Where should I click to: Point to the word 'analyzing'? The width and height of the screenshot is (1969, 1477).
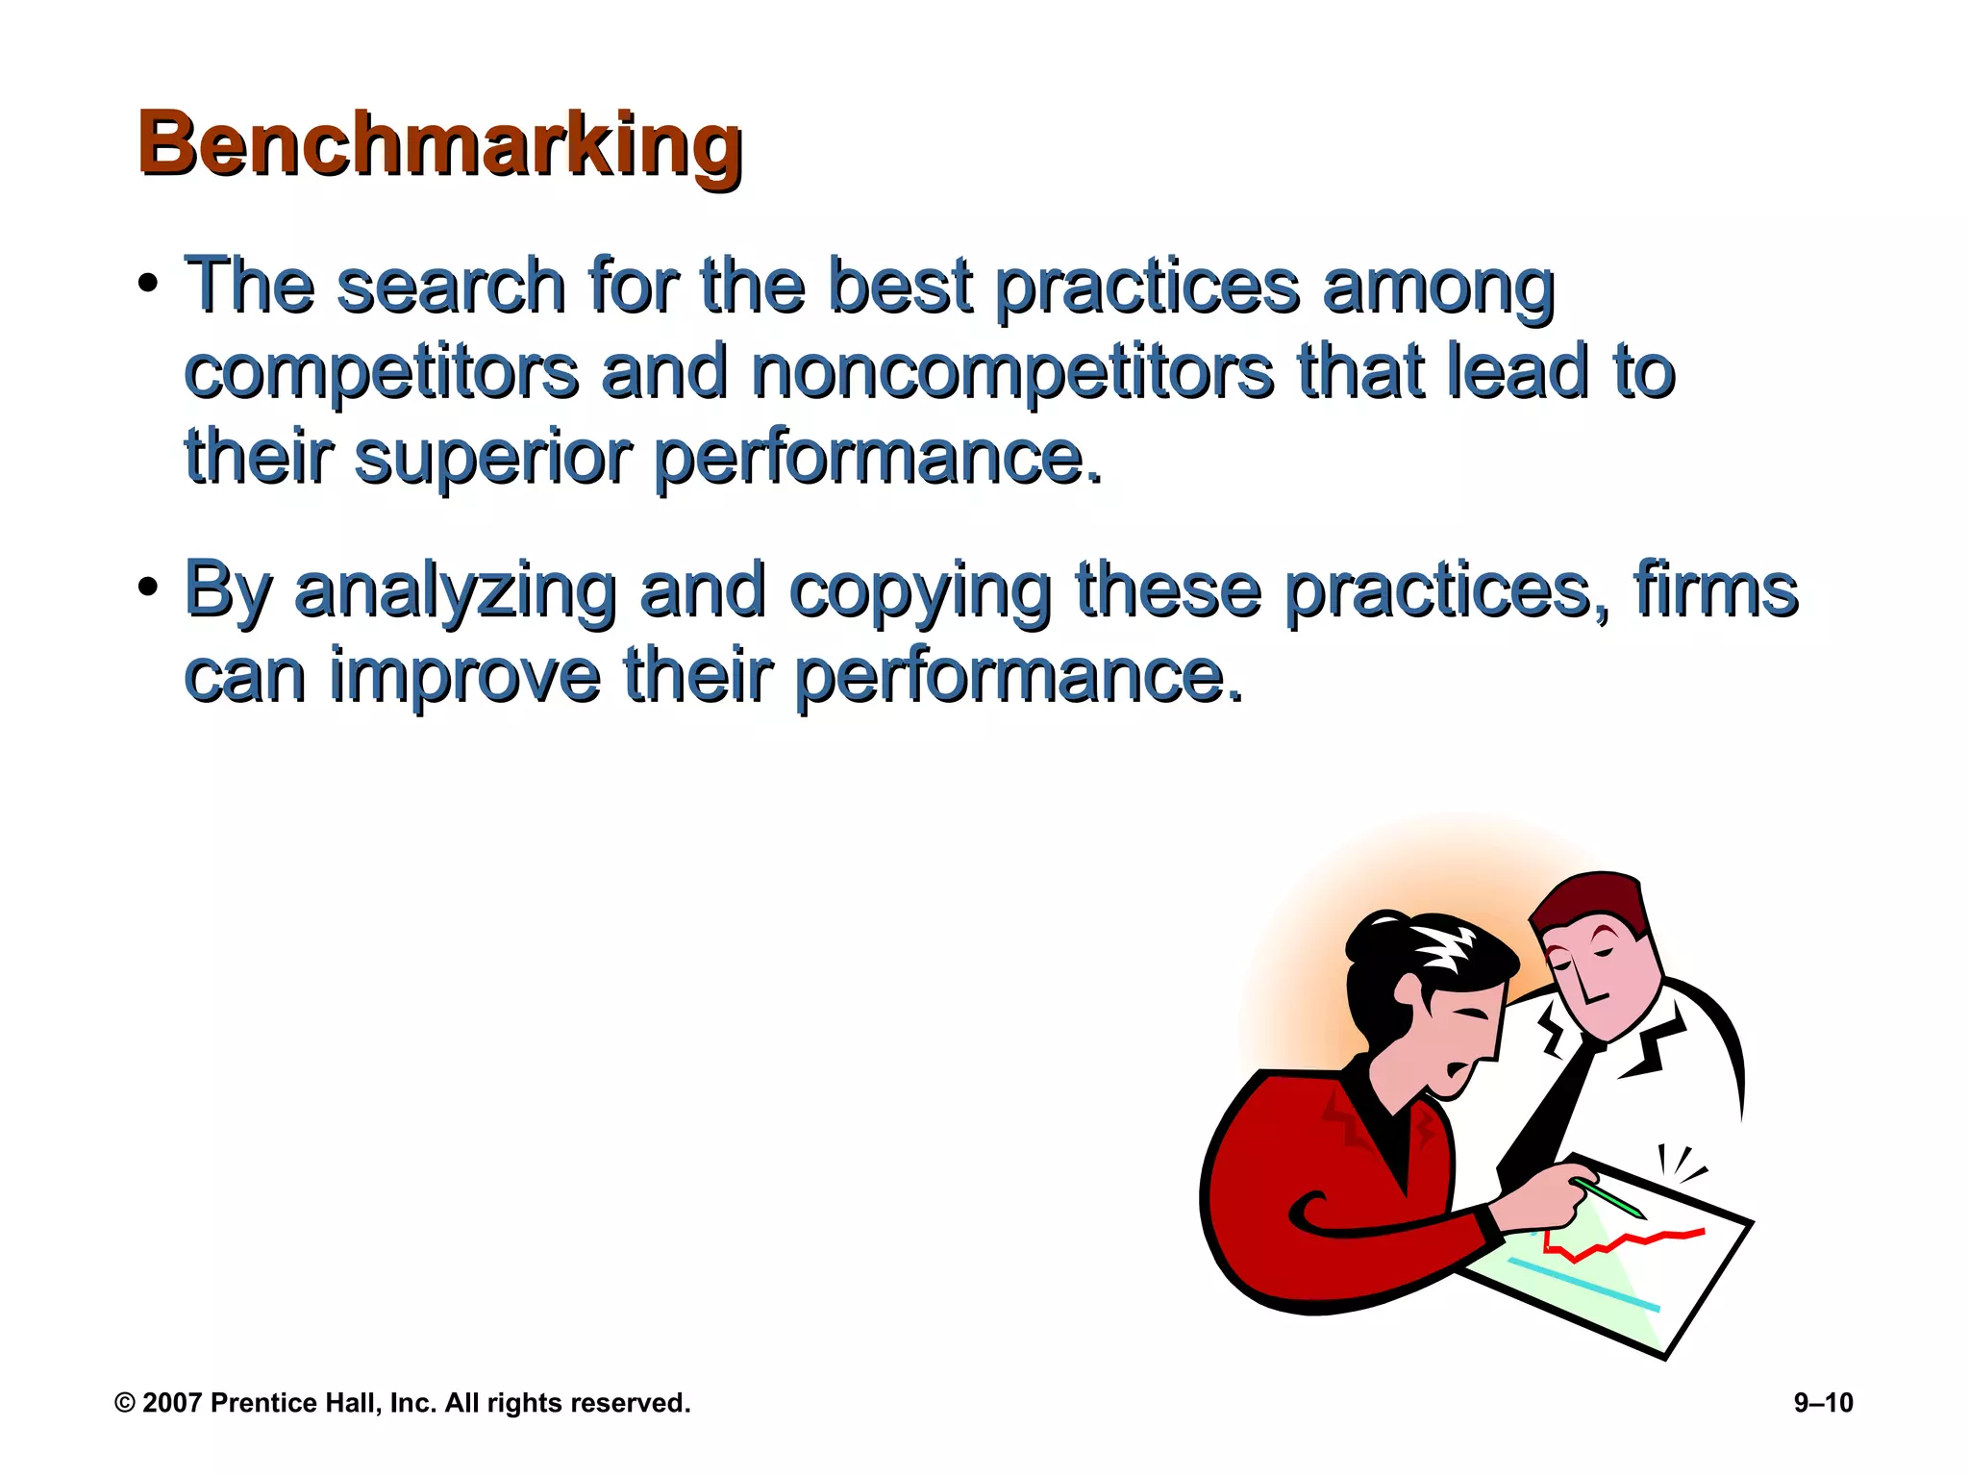[455, 590]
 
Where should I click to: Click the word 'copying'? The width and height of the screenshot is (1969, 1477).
[920, 590]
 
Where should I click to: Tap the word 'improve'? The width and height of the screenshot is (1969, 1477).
[464, 675]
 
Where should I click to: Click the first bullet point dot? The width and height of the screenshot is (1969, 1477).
[147, 285]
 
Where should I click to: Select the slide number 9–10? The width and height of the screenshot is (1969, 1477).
[1823, 1403]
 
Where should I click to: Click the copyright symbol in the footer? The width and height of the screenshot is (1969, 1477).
[125, 1403]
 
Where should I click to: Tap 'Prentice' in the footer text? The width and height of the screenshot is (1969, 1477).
[258, 1403]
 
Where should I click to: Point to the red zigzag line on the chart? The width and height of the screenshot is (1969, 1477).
[1625, 1242]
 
